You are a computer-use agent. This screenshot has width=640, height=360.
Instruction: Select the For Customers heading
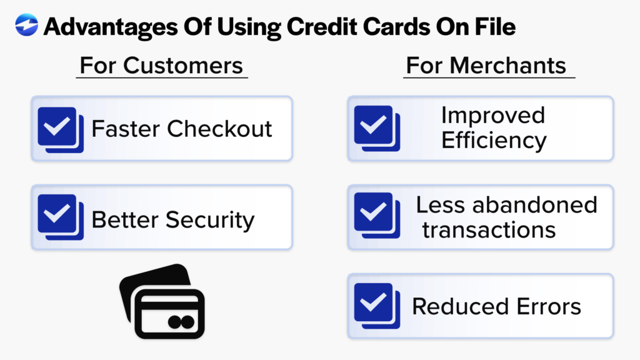[x=161, y=65]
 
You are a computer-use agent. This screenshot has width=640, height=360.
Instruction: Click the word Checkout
[x=220, y=129]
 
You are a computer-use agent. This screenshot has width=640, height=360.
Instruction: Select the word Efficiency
[x=494, y=140]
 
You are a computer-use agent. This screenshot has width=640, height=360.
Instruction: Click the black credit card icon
[x=161, y=302]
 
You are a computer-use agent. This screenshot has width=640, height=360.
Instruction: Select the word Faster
[x=126, y=129]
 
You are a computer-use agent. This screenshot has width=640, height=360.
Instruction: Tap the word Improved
[x=493, y=116]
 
